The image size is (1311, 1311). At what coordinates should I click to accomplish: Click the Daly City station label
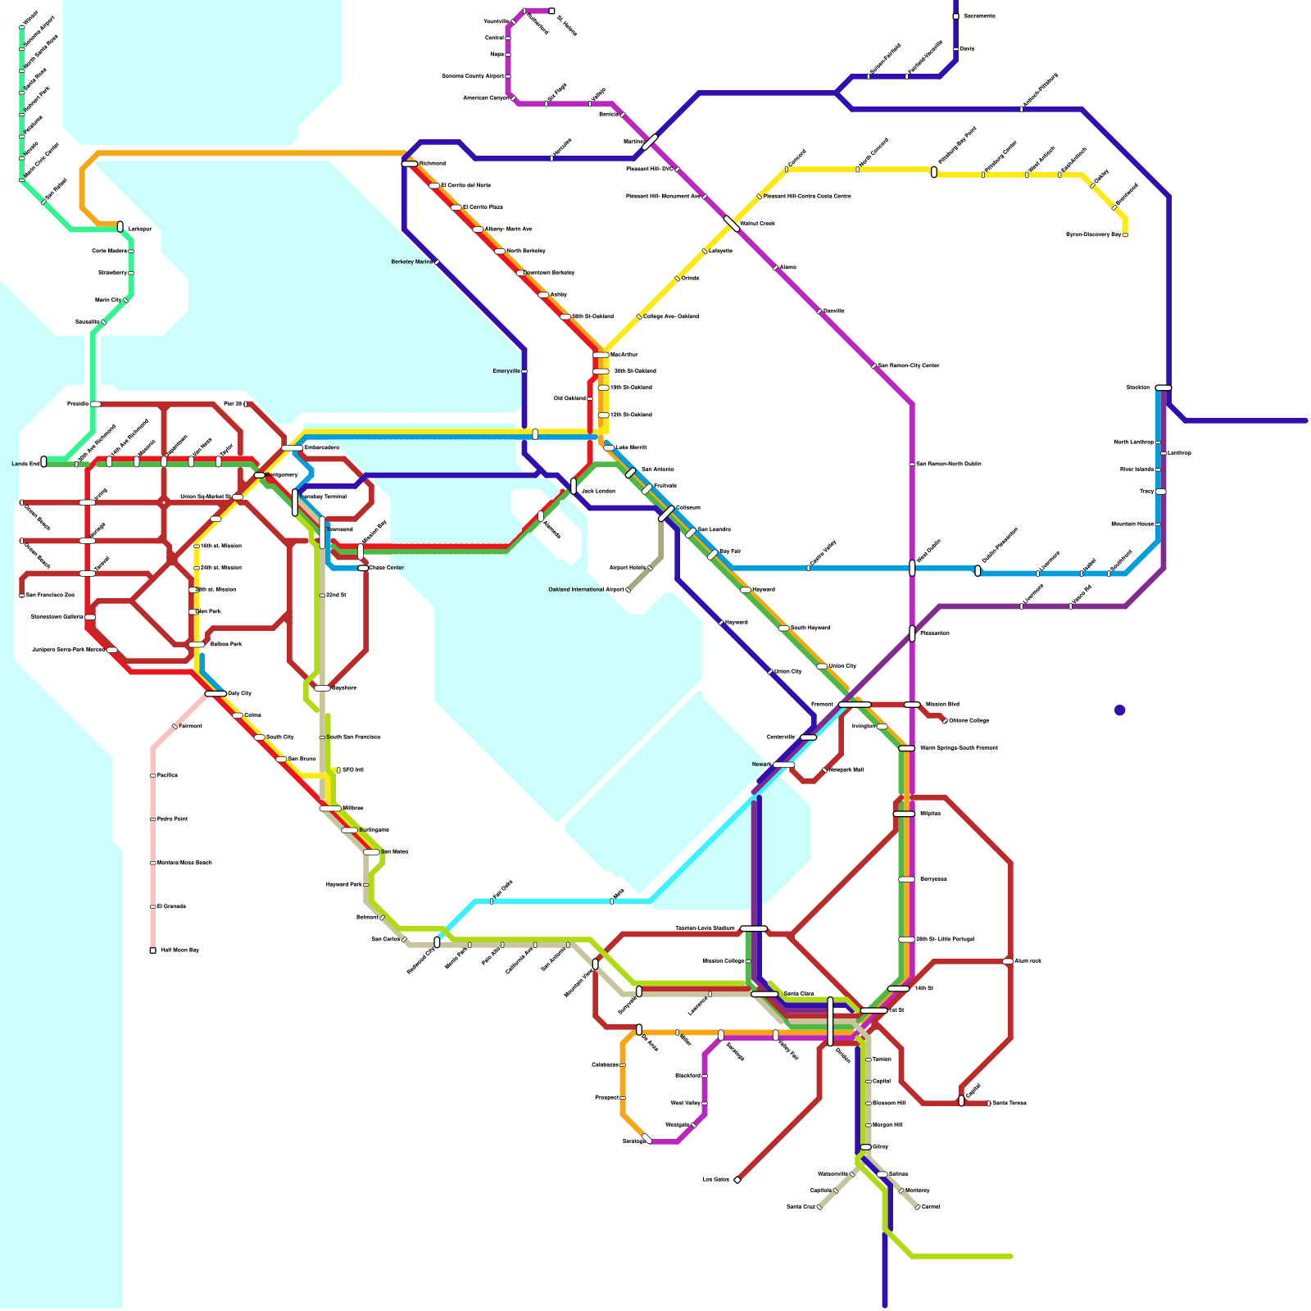pos(239,694)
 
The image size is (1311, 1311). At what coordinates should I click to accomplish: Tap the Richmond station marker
pos(410,164)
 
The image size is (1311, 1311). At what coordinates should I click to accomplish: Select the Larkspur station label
pos(140,229)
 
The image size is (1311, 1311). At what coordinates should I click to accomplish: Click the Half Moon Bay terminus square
pos(152,950)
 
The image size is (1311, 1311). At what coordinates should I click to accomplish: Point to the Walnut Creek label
pos(757,224)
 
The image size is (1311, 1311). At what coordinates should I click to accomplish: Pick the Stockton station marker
pos(1163,388)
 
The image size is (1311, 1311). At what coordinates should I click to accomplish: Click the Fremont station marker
pos(855,705)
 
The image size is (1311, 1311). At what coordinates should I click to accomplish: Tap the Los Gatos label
pos(715,1180)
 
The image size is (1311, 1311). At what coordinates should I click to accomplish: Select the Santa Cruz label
pos(800,1207)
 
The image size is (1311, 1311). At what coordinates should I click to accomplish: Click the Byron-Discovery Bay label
pos(1092,235)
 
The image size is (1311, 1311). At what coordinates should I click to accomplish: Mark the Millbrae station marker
pos(330,809)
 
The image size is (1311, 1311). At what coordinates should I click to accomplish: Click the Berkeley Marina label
pos(411,262)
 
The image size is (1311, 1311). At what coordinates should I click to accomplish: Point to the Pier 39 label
pos(232,404)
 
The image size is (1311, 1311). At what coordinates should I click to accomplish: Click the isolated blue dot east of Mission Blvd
pos(1119,710)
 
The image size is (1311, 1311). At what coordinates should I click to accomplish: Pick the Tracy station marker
pos(1160,492)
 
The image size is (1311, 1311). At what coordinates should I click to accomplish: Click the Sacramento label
pos(979,16)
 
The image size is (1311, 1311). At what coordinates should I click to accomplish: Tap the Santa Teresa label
pos(1009,1104)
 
